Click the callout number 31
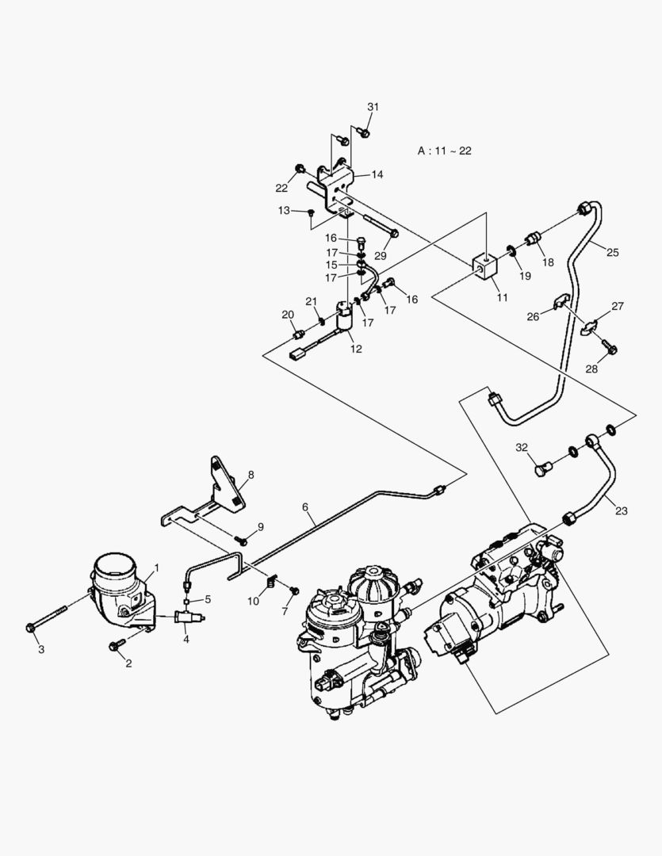coord(373,107)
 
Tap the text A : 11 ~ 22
coord(445,150)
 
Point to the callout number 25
coord(613,252)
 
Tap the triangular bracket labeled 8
coord(225,483)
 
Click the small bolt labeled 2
coord(115,647)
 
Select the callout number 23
coord(621,511)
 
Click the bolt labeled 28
coord(610,347)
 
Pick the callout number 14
coord(376,174)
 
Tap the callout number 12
coord(356,348)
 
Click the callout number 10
coord(253,602)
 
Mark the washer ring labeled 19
coord(512,252)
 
